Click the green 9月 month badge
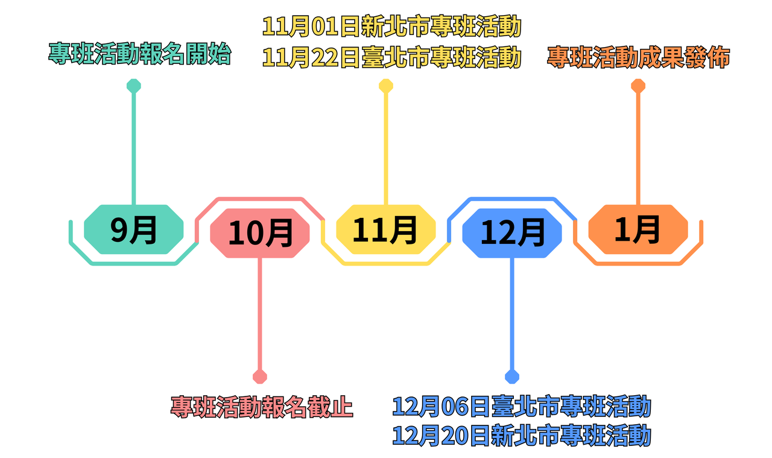coord(133,229)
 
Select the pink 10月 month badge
coord(260,233)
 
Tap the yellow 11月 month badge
coord(386,229)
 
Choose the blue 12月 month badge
coord(512,233)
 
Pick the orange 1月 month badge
coord(638,229)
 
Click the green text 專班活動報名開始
coord(139,54)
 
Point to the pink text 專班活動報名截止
coord(262,407)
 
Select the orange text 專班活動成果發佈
coord(639,57)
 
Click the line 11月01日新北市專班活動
coord(391,27)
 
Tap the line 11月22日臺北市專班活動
coord(391,57)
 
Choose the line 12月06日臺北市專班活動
coord(522,406)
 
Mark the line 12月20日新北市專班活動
coord(522,435)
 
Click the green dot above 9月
coord(133,86)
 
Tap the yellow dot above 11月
coord(386,86)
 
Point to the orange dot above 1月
coord(638,86)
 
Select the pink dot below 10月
coord(260,377)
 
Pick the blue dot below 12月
coord(512,377)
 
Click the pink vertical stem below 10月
coord(260,314)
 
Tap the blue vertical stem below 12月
coord(512,314)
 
